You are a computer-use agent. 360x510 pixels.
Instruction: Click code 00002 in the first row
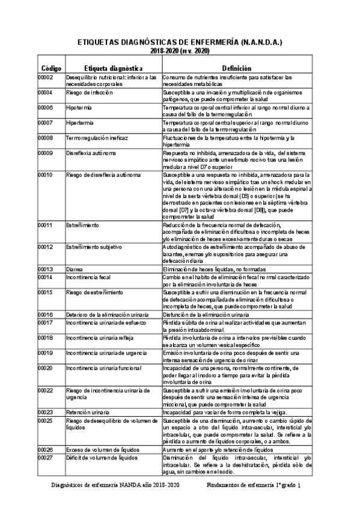[x=46, y=78]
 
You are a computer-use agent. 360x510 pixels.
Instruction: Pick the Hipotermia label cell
[x=80, y=107]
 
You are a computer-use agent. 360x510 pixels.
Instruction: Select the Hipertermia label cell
[x=81, y=122]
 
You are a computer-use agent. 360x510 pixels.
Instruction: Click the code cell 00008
[x=46, y=137]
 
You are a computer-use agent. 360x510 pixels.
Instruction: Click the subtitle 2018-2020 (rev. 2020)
[x=180, y=53]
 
